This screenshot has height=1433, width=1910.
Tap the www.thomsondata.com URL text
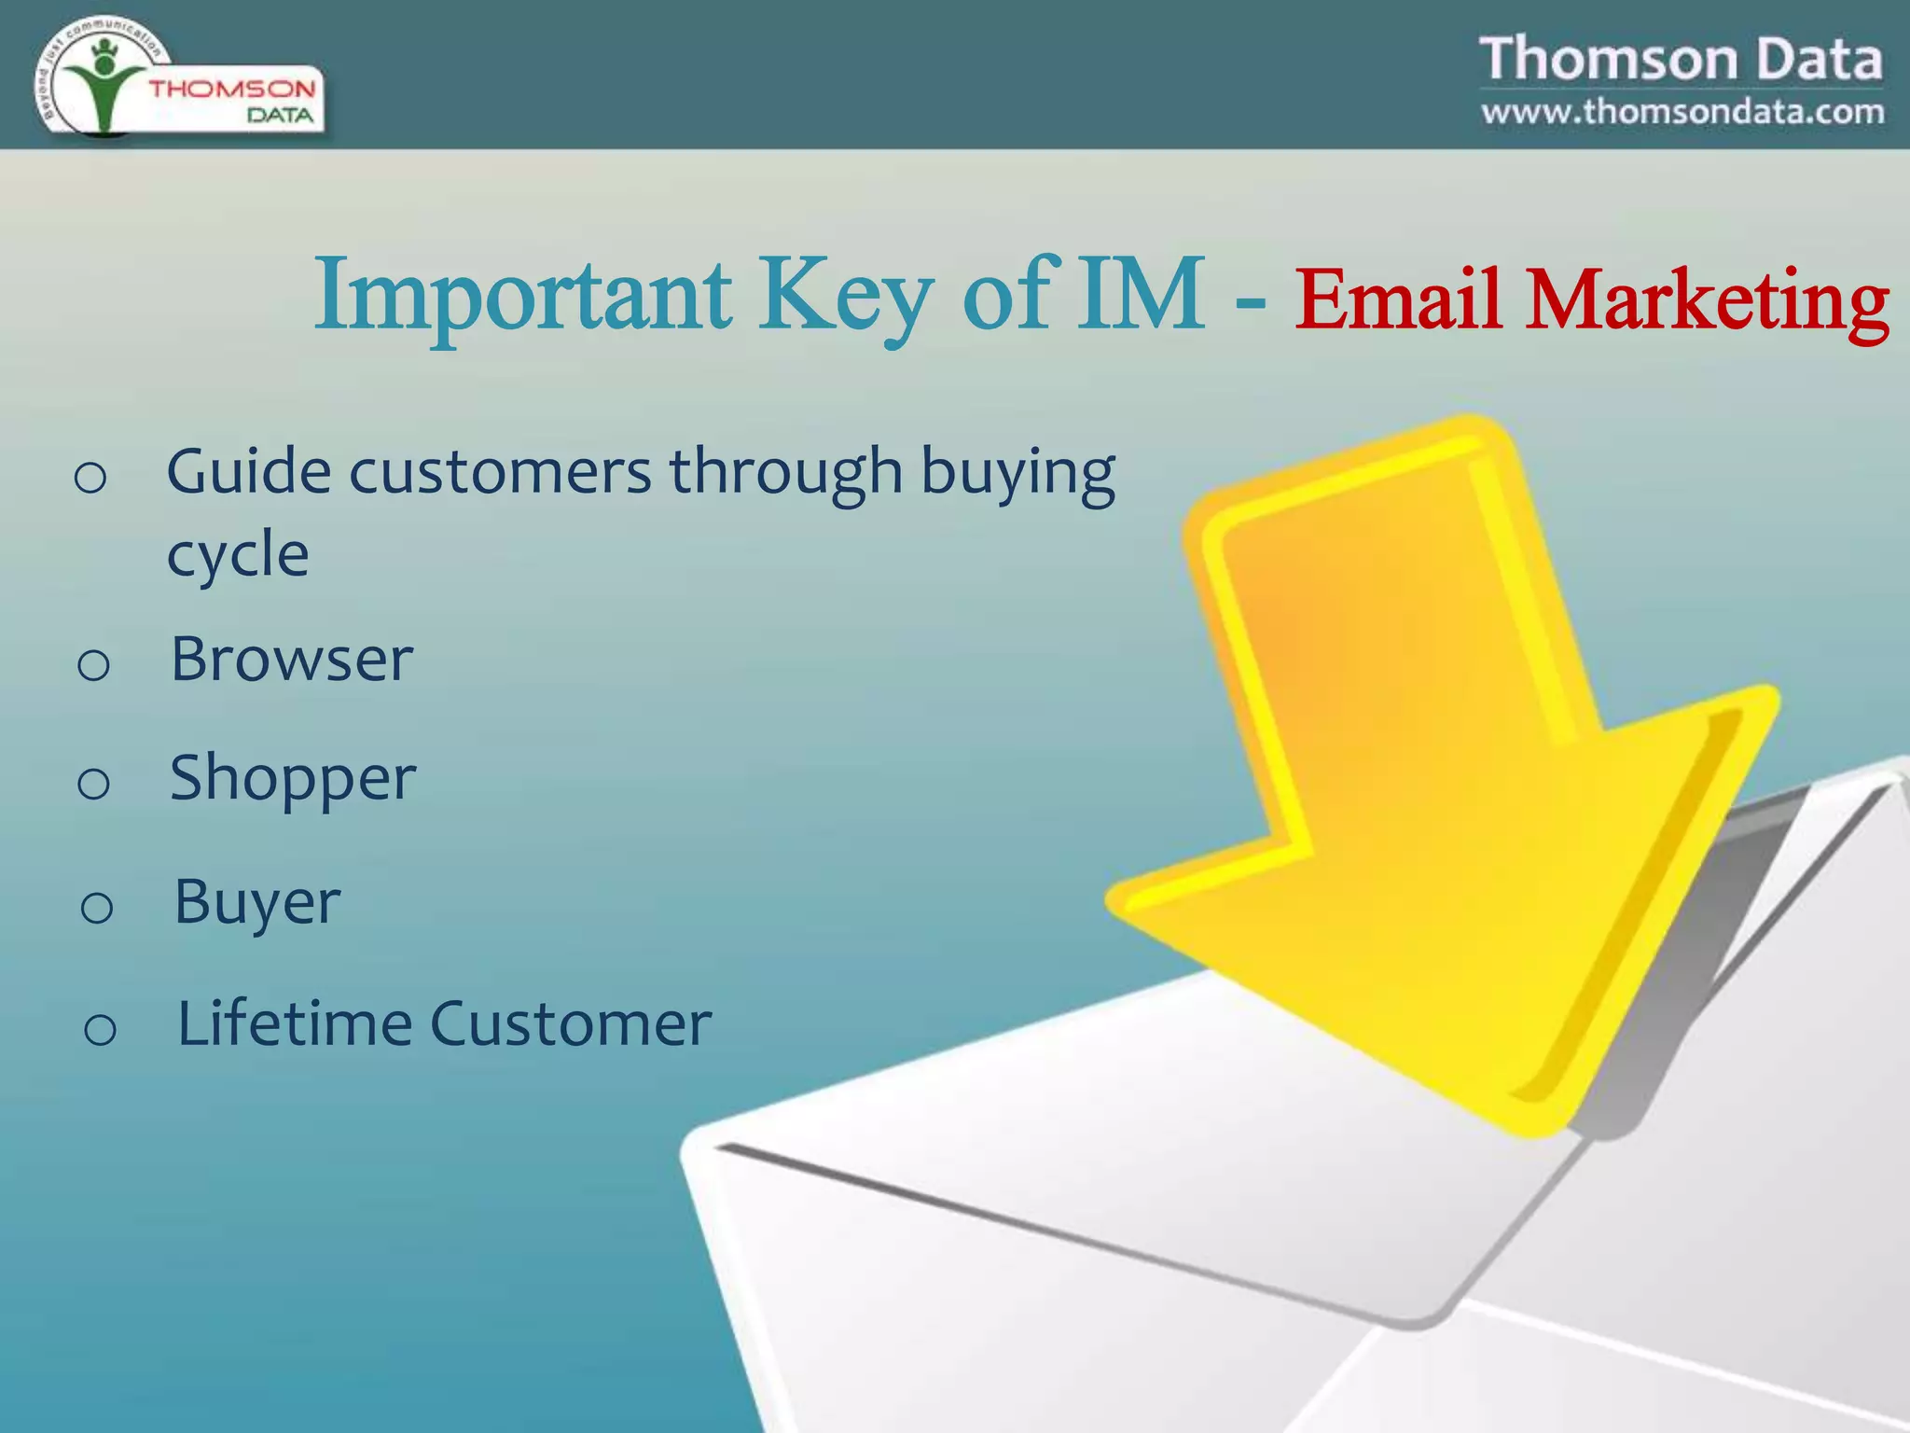click(1682, 112)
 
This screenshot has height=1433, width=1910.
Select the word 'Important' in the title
click(523, 297)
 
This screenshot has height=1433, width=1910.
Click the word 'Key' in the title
click(845, 297)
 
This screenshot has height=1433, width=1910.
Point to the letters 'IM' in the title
click(1140, 294)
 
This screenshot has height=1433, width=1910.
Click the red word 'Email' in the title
click(1399, 300)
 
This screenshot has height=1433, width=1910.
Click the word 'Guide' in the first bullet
click(248, 471)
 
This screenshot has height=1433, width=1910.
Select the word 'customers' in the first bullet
click(500, 471)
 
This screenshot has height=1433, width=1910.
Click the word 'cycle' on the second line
click(238, 555)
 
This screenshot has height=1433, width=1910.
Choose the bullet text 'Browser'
click(291, 659)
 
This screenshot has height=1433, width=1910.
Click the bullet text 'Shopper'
click(292, 779)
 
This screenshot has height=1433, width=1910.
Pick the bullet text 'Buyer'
click(257, 902)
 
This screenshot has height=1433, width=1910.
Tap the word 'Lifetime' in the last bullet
click(294, 1023)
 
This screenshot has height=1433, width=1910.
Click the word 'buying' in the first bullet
click(1017, 473)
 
